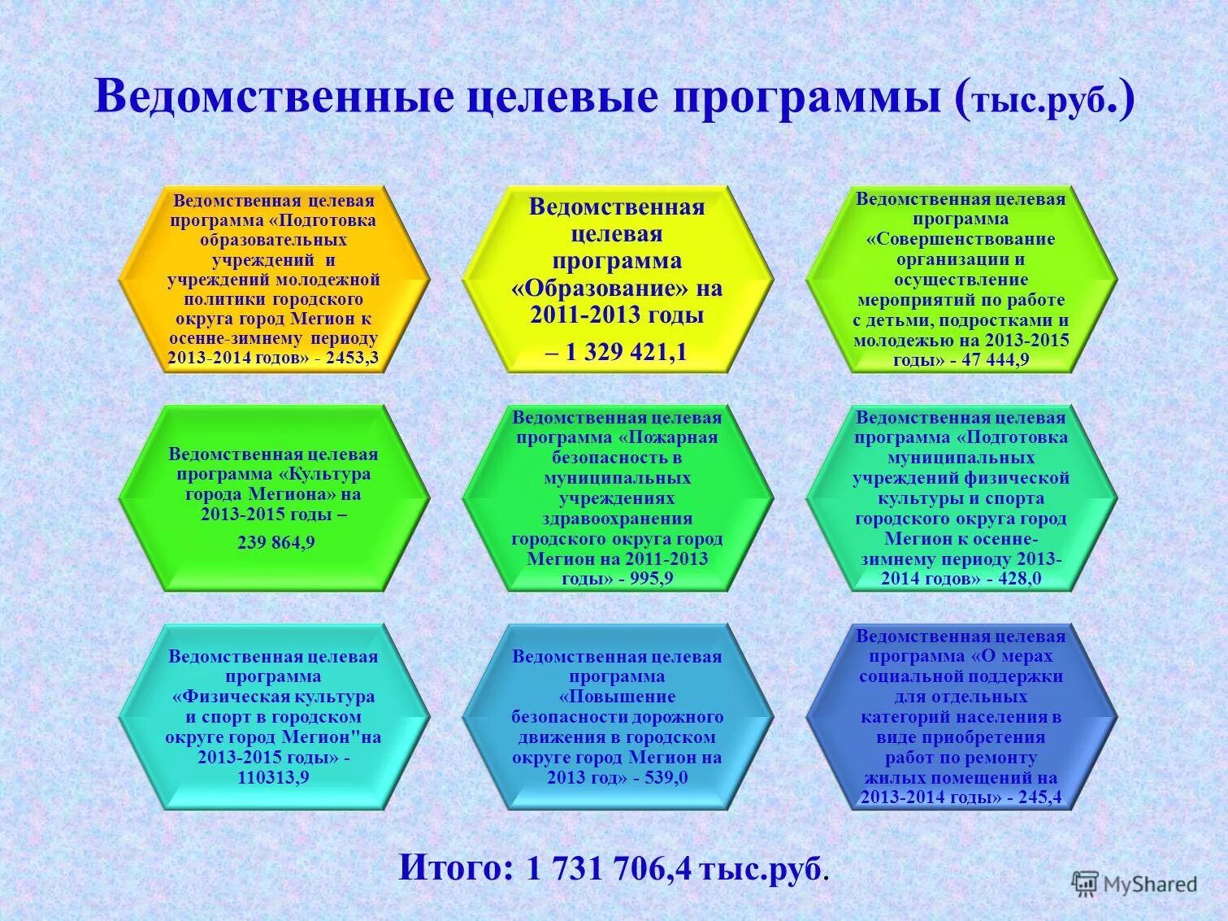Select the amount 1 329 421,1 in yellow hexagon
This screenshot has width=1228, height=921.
click(625, 351)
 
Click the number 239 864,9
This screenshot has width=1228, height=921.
click(276, 542)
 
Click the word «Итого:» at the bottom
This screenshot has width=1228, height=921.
click(456, 868)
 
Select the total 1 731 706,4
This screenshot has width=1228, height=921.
click(610, 869)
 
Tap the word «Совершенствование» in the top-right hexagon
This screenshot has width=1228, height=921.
click(961, 239)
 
